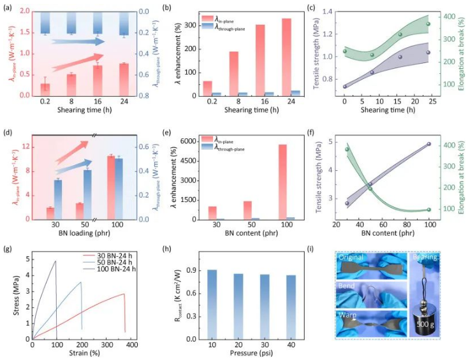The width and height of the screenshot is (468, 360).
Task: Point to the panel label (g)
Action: click(9, 247)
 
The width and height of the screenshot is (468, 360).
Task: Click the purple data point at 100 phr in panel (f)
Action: click(428, 144)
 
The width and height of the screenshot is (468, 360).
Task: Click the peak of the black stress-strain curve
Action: click(55, 261)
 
